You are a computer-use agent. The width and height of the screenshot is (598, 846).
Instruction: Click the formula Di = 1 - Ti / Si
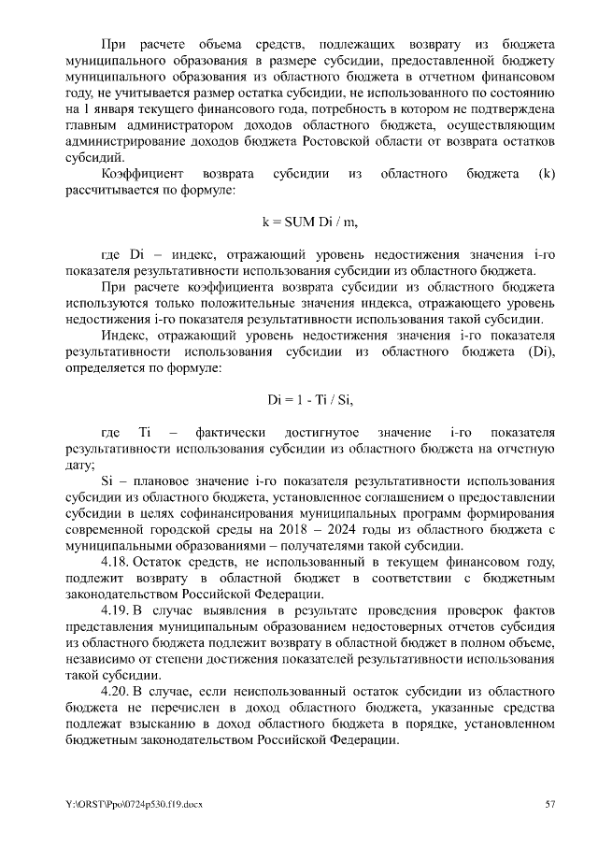coord(309,399)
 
